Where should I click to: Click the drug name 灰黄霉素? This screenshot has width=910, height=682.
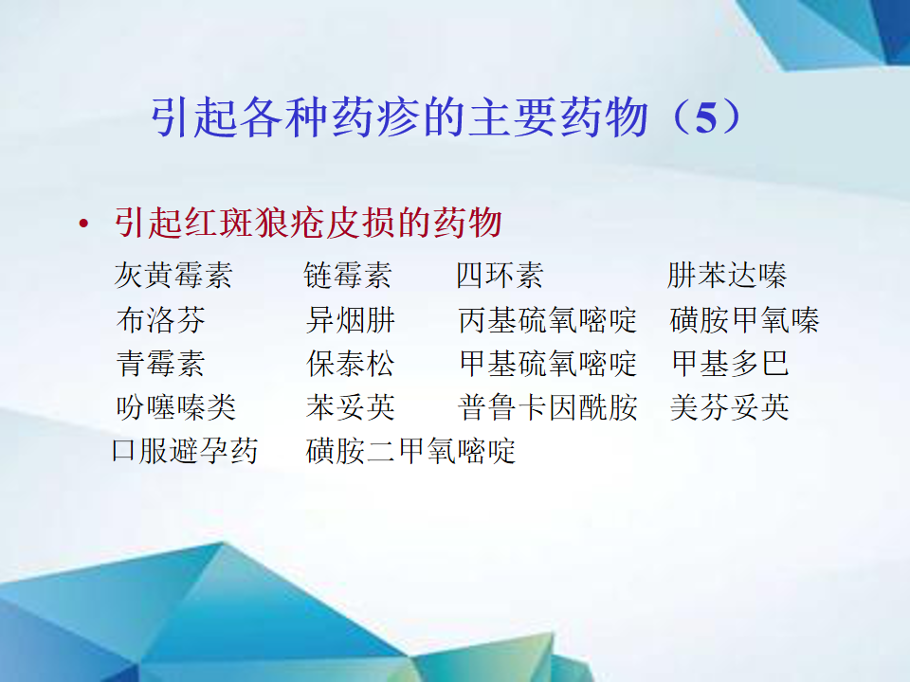[x=173, y=275]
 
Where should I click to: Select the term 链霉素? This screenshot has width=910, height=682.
[x=348, y=275]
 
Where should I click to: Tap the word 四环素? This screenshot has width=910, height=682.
[x=500, y=275]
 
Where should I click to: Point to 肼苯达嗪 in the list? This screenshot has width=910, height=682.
[x=727, y=275]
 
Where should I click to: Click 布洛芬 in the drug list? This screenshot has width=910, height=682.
[x=161, y=319]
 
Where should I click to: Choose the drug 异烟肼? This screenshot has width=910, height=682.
[x=351, y=319]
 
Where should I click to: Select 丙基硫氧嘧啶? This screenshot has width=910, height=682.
[x=547, y=319]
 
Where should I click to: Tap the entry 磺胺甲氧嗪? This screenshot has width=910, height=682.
[x=744, y=319]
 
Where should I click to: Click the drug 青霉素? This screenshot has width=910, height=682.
[x=161, y=364]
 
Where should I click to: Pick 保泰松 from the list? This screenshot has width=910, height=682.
[x=351, y=364]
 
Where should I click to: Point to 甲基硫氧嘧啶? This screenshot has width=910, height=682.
[x=548, y=364]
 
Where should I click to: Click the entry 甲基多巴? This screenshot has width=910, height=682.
[x=730, y=364]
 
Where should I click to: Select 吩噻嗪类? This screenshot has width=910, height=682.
[x=176, y=407]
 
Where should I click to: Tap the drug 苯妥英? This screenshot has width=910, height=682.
[x=351, y=407]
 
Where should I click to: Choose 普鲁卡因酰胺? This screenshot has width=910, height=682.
[x=547, y=407]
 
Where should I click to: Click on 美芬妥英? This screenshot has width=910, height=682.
[x=730, y=407]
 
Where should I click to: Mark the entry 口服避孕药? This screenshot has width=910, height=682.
[x=185, y=451]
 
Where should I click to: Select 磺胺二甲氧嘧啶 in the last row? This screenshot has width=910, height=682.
[x=410, y=451]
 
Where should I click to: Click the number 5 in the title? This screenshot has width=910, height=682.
[x=705, y=118]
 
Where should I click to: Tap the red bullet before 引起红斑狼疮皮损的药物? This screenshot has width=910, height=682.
[x=84, y=224]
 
